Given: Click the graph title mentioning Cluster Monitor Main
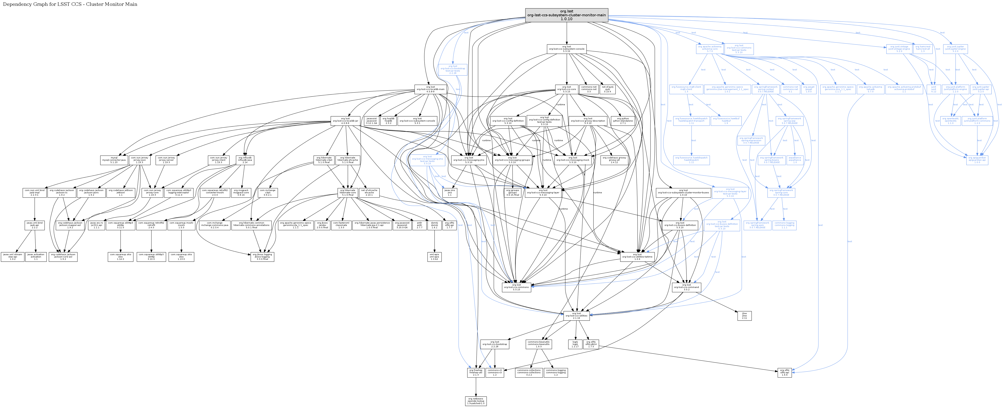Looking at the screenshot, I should pos(70,4).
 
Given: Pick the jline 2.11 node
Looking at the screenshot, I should pos(744,316).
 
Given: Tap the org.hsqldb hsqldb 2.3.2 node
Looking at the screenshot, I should pos(388,121).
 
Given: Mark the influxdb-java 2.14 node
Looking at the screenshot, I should pos(245,160).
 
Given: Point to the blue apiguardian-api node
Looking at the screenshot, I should pos(977,160).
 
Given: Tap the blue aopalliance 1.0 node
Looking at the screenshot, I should pos(795,160).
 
